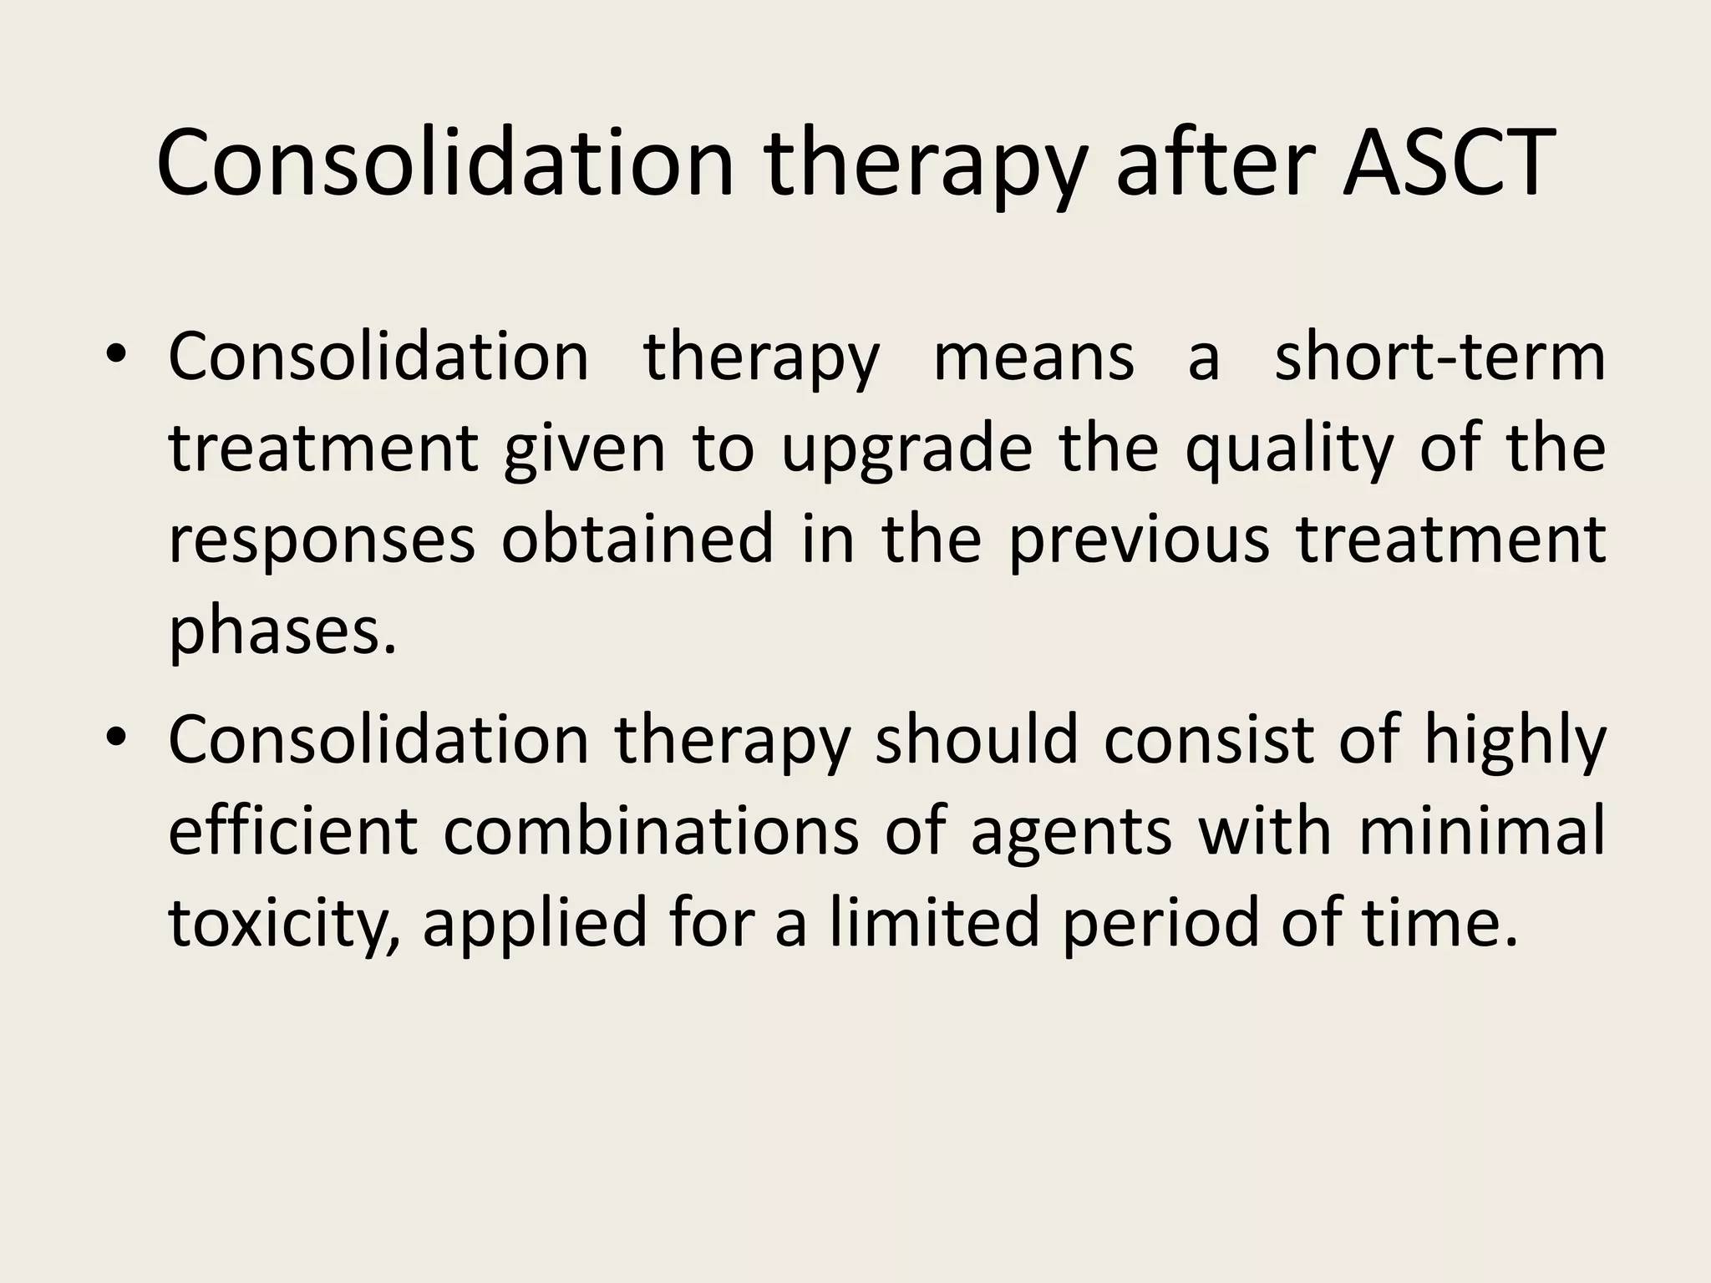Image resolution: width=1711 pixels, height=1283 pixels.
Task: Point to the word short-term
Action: [x=1439, y=357]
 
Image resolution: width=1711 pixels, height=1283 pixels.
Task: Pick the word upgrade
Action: [x=907, y=449]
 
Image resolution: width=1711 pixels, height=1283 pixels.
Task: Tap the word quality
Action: [x=1289, y=449]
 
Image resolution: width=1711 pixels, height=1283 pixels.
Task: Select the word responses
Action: [x=322, y=541]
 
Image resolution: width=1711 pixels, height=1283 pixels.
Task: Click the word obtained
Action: [x=637, y=540]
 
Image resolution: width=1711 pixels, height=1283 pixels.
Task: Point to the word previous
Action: [x=1139, y=541]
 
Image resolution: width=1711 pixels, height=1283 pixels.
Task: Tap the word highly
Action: [x=1515, y=742]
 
